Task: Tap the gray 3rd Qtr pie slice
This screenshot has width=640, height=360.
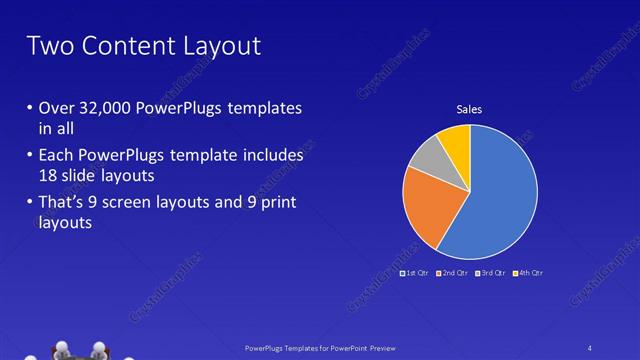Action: tap(425, 155)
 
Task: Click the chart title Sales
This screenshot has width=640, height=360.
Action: tap(469, 109)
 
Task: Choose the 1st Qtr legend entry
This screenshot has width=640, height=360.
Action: tap(414, 272)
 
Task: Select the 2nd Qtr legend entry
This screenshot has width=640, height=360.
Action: tap(451, 272)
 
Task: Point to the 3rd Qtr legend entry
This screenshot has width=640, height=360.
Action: tap(490, 272)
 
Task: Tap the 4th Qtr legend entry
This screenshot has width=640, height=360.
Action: tap(527, 272)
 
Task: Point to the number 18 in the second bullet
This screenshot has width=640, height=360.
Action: tap(49, 175)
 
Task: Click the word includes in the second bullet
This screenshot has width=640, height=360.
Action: tap(272, 157)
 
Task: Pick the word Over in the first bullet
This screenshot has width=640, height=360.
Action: tap(56, 108)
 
